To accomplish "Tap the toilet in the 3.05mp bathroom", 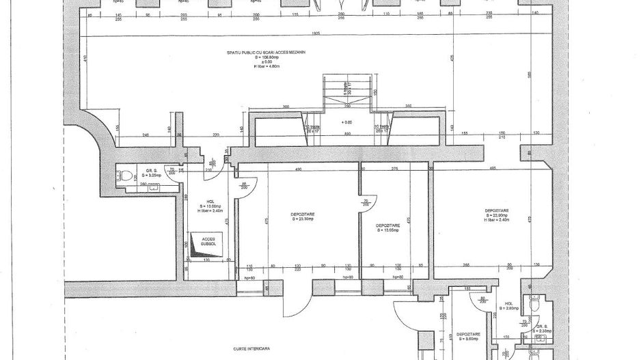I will [x=124, y=176].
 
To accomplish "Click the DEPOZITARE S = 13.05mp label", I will [x=387, y=227].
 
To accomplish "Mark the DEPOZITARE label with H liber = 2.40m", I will [x=496, y=214].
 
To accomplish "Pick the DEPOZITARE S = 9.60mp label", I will [x=468, y=337].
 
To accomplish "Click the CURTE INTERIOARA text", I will [x=250, y=348].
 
